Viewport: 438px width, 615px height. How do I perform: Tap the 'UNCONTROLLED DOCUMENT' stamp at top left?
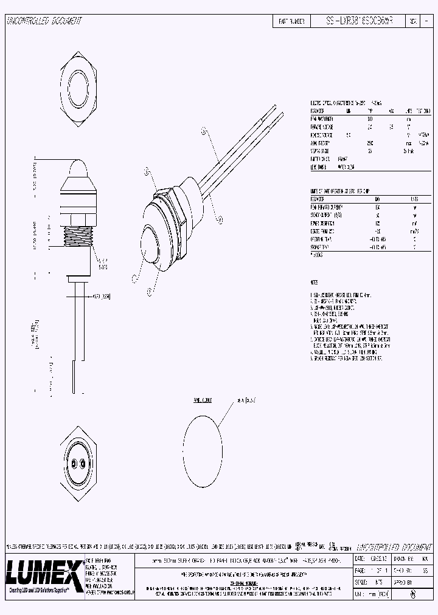pos(44,21)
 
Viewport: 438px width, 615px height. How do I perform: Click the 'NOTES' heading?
pos(314,283)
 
